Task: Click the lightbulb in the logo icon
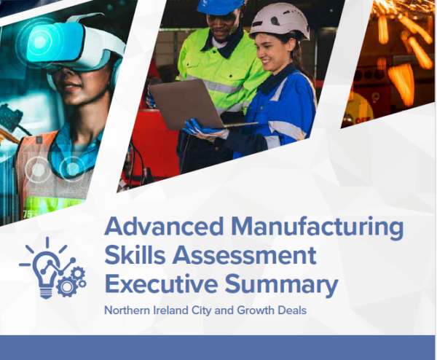coord(44,267)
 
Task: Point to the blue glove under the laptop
coord(200,130)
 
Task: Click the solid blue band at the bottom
coord(219,348)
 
